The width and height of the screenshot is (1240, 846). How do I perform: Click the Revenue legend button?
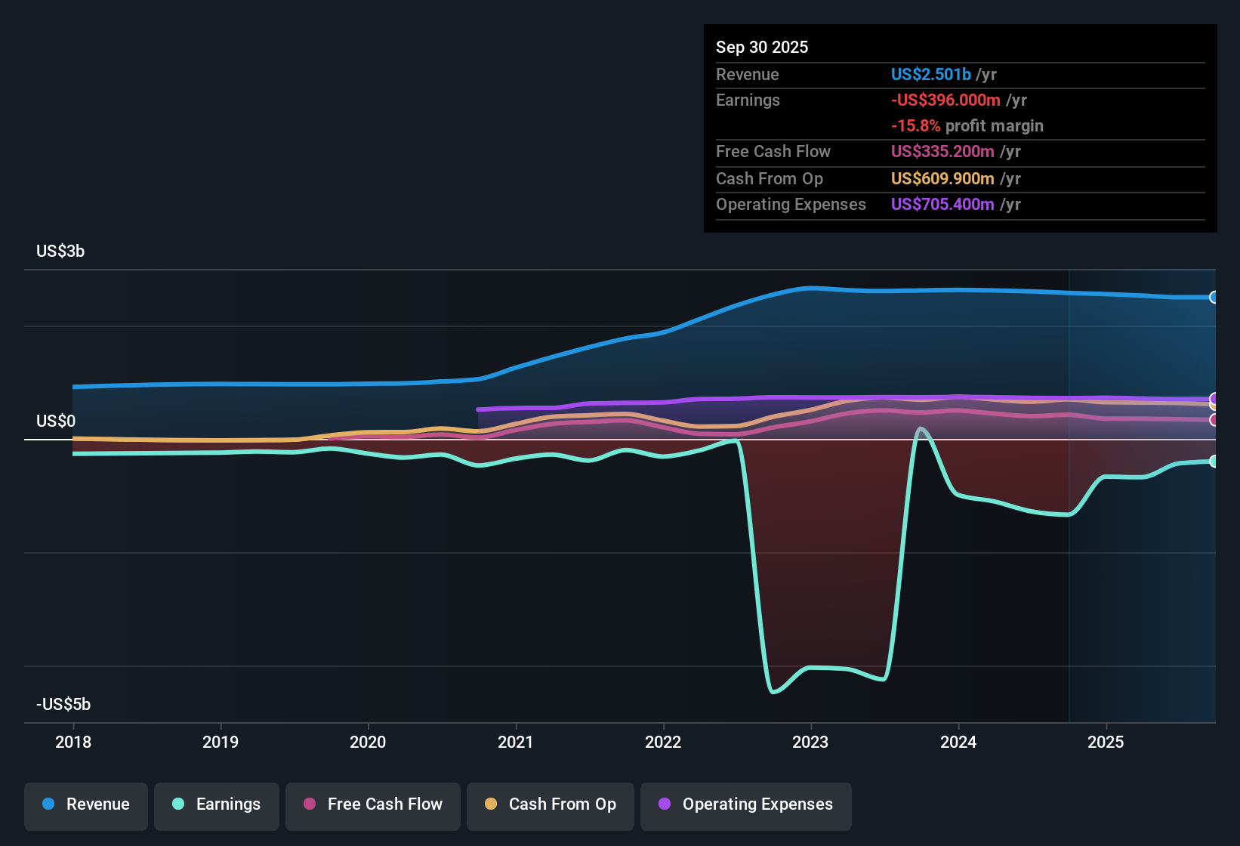(x=86, y=804)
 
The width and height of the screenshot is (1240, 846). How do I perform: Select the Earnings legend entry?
(x=217, y=804)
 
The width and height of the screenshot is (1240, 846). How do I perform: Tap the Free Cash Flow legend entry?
(x=373, y=804)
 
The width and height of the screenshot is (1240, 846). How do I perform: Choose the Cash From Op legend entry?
(x=551, y=804)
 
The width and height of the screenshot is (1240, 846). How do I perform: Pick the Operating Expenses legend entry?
(x=746, y=804)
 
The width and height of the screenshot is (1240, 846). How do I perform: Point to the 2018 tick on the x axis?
(x=73, y=742)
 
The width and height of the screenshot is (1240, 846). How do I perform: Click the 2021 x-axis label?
(x=516, y=742)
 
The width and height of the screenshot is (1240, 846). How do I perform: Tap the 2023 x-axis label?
(x=810, y=742)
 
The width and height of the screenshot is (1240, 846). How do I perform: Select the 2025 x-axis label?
(x=1106, y=742)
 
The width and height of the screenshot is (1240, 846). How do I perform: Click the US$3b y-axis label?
(x=60, y=252)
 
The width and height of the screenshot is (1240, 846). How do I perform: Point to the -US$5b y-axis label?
(x=63, y=704)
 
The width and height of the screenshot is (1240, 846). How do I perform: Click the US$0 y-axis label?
(x=56, y=421)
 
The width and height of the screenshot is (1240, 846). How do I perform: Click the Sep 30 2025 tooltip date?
(x=762, y=47)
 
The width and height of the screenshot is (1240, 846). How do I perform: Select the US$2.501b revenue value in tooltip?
(x=930, y=74)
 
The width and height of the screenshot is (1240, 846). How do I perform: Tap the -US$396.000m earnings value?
(x=945, y=100)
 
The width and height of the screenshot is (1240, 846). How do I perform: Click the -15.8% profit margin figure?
(x=915, y=125)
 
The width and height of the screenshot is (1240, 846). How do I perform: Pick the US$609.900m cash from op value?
(x=942, y=178)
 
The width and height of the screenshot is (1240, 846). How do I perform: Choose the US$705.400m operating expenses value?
(x=942, y=204)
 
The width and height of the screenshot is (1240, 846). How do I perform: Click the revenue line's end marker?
(x=1214, y=298)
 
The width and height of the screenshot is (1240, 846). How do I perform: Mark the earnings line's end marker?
(x=1214, y=462)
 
